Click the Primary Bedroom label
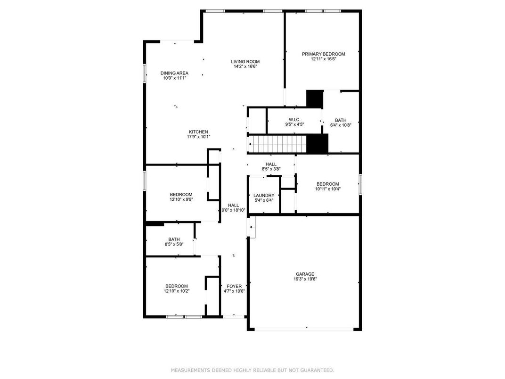[x=323, y=54]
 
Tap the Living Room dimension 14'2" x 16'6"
[x=245, y=67]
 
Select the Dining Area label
[x=175, y=73]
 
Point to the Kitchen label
[x=198, y=132]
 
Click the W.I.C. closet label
[x=295, y=120]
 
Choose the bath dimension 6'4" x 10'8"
[x=341, y=125]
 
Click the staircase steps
[x=277, y=144]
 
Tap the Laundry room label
[x=264, y=195]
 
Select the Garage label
[x=305, y=274]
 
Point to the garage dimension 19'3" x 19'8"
[x=305, y=279]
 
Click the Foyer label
[x=234, y=286]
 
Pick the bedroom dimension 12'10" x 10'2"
[x=177, y=291]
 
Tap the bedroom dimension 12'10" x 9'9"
[x=181, y=199]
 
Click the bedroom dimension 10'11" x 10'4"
[x=328, y=189]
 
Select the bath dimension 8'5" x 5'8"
[x=174, y=244]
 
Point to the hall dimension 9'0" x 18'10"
[x=234, y=210]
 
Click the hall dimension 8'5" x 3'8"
[x=271, y=169]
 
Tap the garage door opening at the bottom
[x=304, y=329]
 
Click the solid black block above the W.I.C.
[x=314, y=99]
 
